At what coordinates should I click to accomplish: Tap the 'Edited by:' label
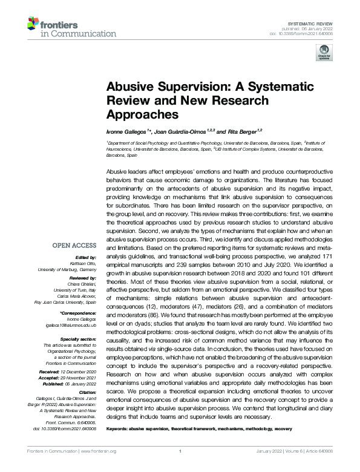[x=84, y=257]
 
